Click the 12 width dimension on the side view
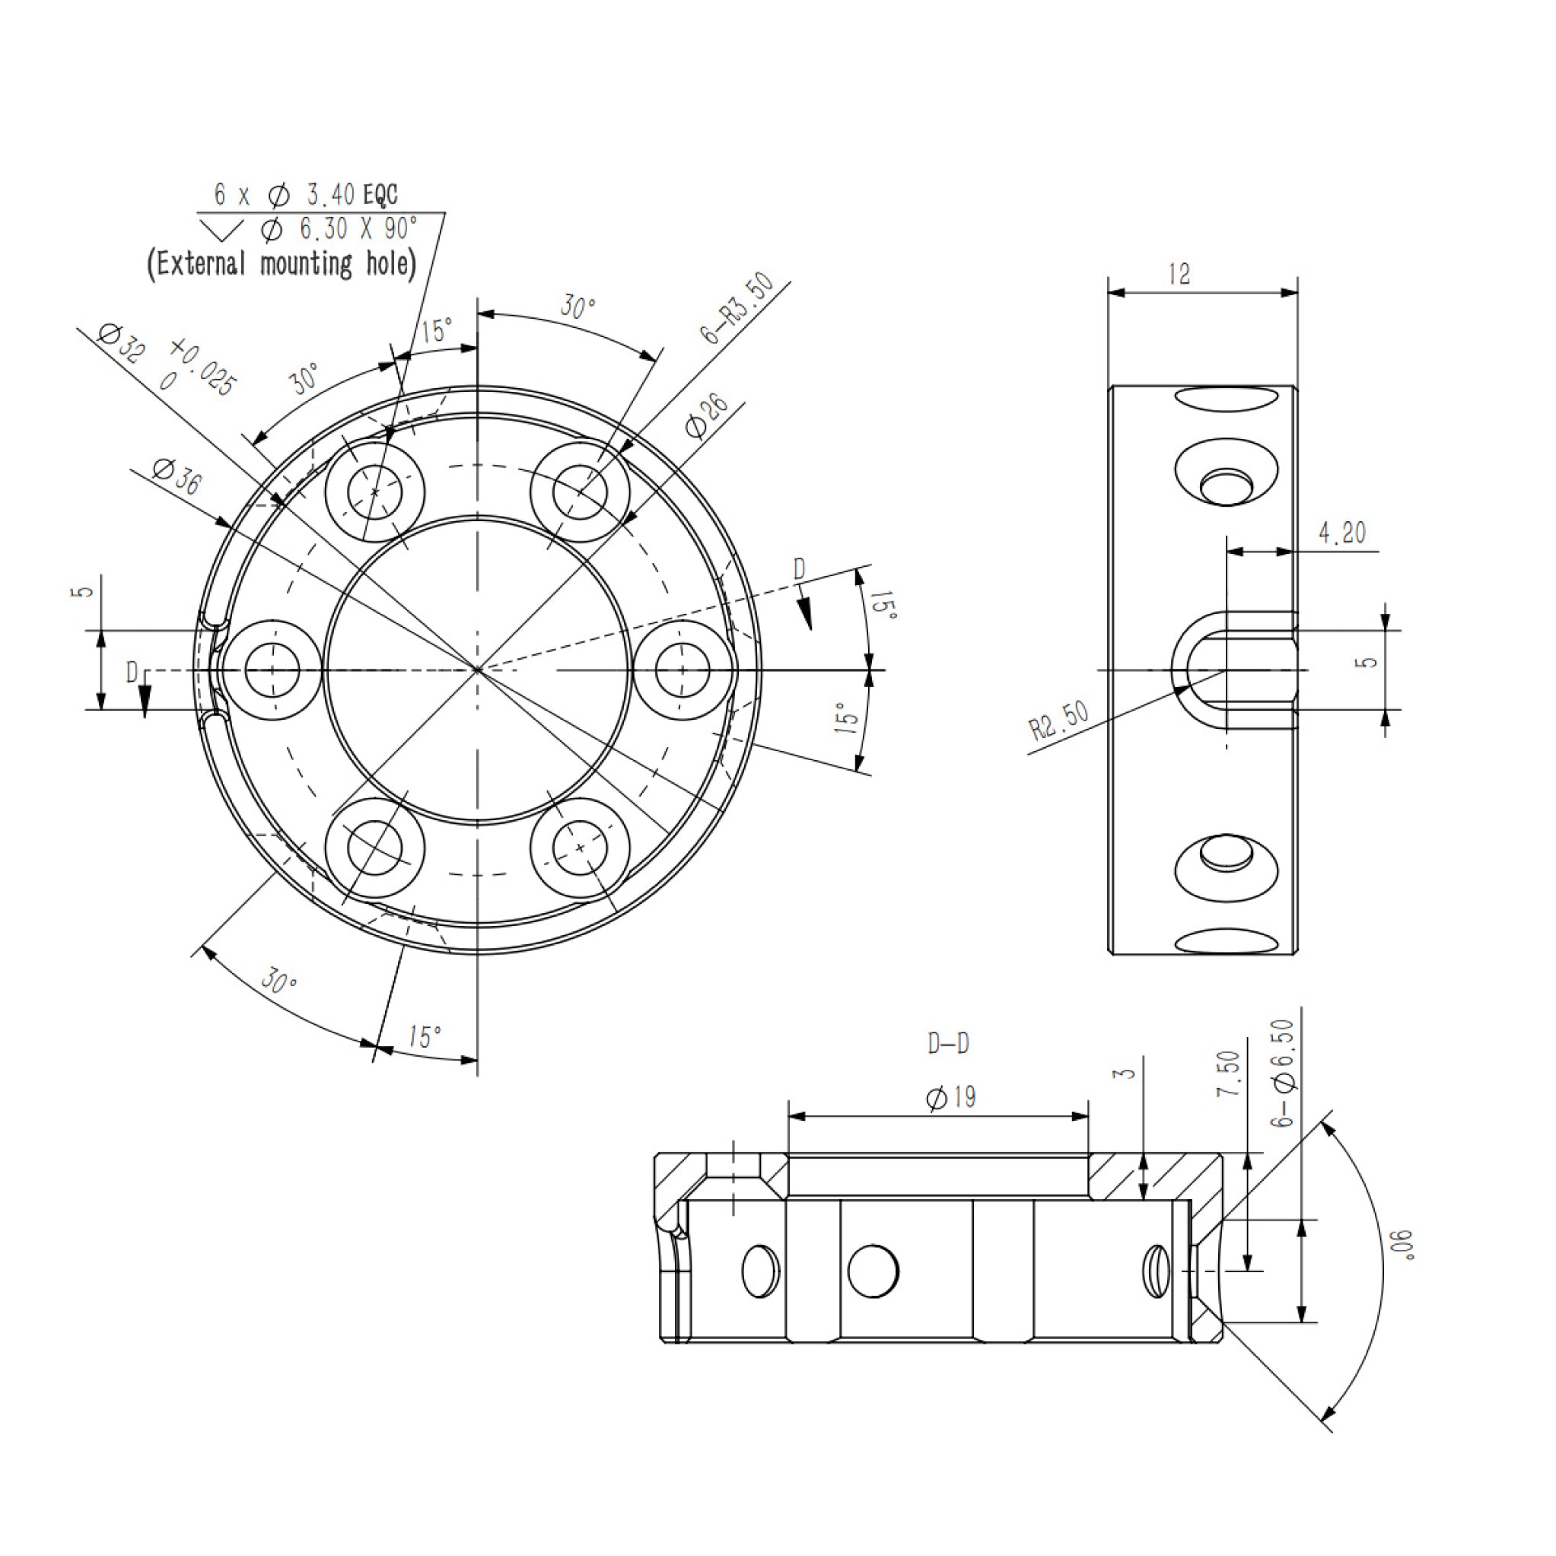(x=1179, y=275)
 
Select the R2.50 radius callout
(x=1059, y=720)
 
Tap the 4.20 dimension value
(x=1343, y=533)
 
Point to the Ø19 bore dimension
(x=951, y=1097)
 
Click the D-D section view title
(x=948, y=1044)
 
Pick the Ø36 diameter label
(x=177, y=477)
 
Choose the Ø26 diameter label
(x=706, y=415)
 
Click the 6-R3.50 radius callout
(x=738, y=308)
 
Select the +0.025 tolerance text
(x=204, y=368)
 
